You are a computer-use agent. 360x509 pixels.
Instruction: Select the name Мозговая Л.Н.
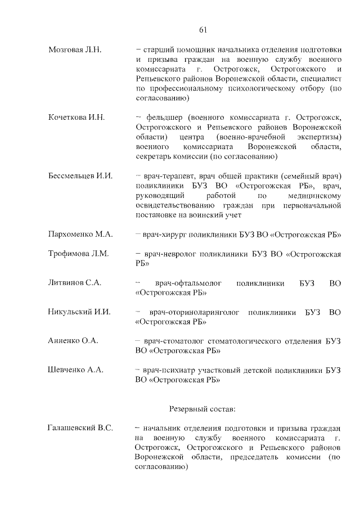[x=75, y=50]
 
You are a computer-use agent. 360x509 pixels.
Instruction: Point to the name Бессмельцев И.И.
[x=80, y=176]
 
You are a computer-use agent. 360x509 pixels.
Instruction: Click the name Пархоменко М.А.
[x=80, y=234]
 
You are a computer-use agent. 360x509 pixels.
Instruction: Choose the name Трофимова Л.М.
[x=78, y=254]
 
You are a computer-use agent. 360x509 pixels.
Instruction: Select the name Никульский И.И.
[x=79, y=312]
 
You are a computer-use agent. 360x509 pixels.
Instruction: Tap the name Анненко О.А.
[x=73, y=341]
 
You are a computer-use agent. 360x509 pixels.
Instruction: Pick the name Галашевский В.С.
[x=80, y=428]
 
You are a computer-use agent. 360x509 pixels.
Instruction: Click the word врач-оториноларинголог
[x=195, y=312]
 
